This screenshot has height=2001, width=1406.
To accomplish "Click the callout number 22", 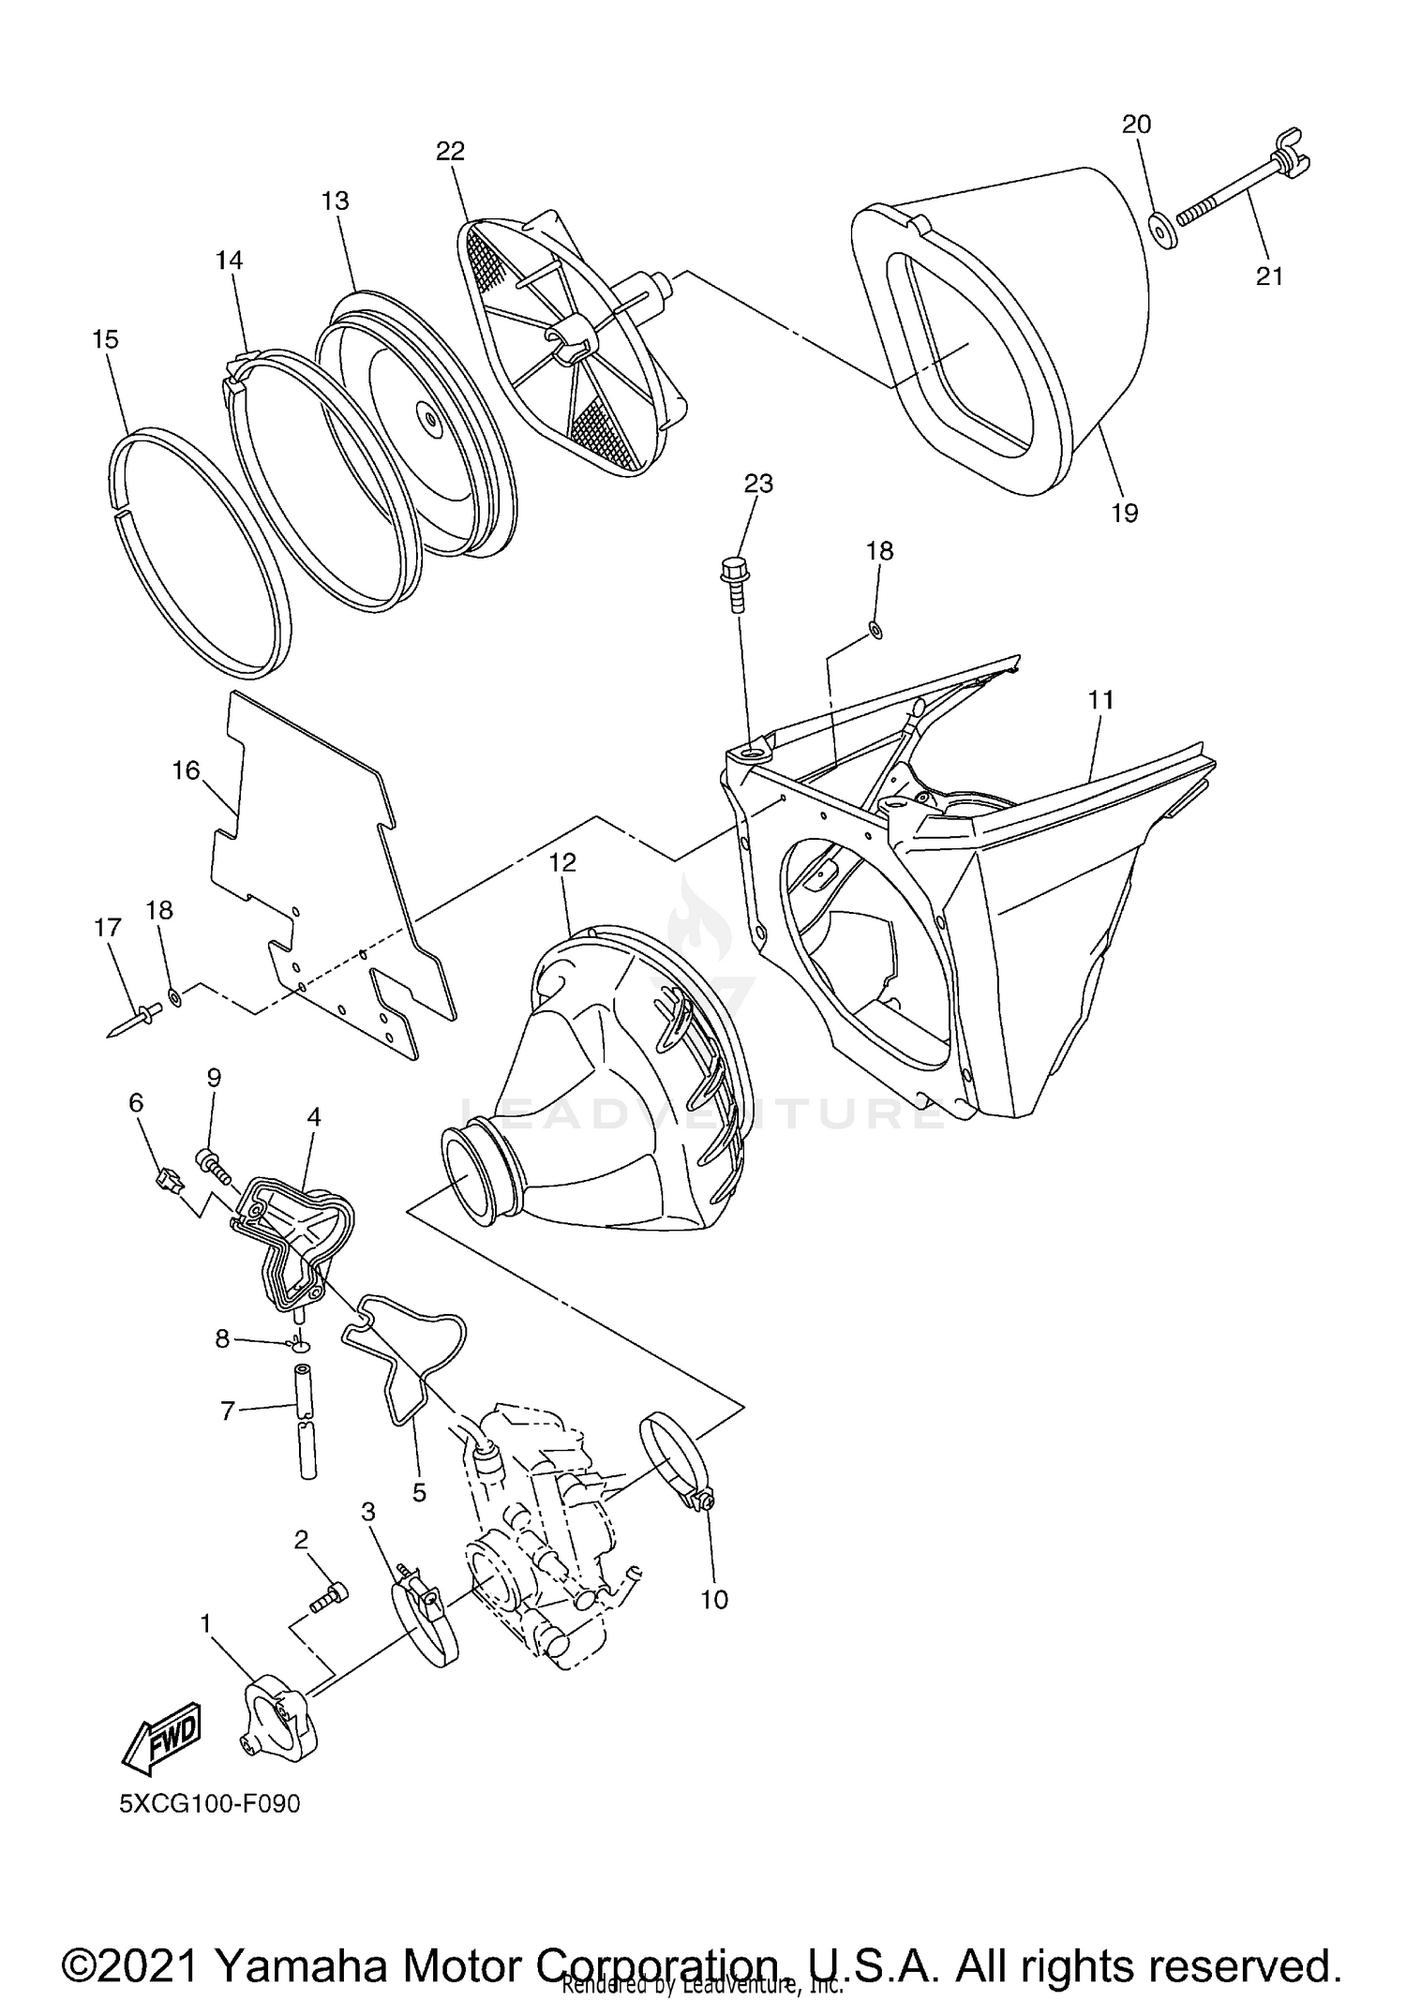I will click(x=450, y=151).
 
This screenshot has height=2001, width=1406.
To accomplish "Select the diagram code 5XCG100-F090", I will click(x=209, y=1802).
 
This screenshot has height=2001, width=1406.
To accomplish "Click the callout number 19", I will click(x=1124, y=513).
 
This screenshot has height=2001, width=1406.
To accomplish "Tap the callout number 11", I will click(x=1100, y=699).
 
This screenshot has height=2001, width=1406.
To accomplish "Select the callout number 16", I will click(x=186, y=770).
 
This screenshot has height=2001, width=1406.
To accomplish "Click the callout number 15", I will click(x=106, y=339).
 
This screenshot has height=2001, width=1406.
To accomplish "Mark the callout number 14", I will click(x=230, y=261).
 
